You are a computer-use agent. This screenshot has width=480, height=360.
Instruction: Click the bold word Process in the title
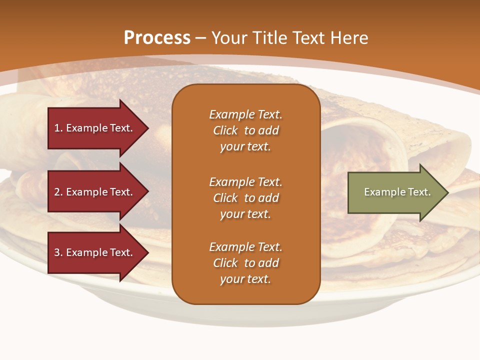157,38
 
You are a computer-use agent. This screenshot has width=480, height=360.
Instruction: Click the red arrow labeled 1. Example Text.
95,128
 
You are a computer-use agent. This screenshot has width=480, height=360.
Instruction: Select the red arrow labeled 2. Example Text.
95,192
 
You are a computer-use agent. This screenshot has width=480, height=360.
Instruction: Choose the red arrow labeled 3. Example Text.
95,252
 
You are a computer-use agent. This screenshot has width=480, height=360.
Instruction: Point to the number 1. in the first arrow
58,128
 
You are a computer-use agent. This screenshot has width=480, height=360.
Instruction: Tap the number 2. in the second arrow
58,192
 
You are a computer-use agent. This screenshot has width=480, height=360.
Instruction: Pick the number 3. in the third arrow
58,252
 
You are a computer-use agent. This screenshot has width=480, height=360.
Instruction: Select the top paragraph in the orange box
245,130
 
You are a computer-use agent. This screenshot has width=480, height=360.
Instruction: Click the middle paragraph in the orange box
245,198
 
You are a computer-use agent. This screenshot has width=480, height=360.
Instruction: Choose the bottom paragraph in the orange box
245,263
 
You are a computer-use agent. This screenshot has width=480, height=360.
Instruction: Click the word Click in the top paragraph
225,130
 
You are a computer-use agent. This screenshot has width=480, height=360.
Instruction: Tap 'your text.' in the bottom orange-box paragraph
245,279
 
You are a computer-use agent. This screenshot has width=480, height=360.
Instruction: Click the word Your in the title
228,38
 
